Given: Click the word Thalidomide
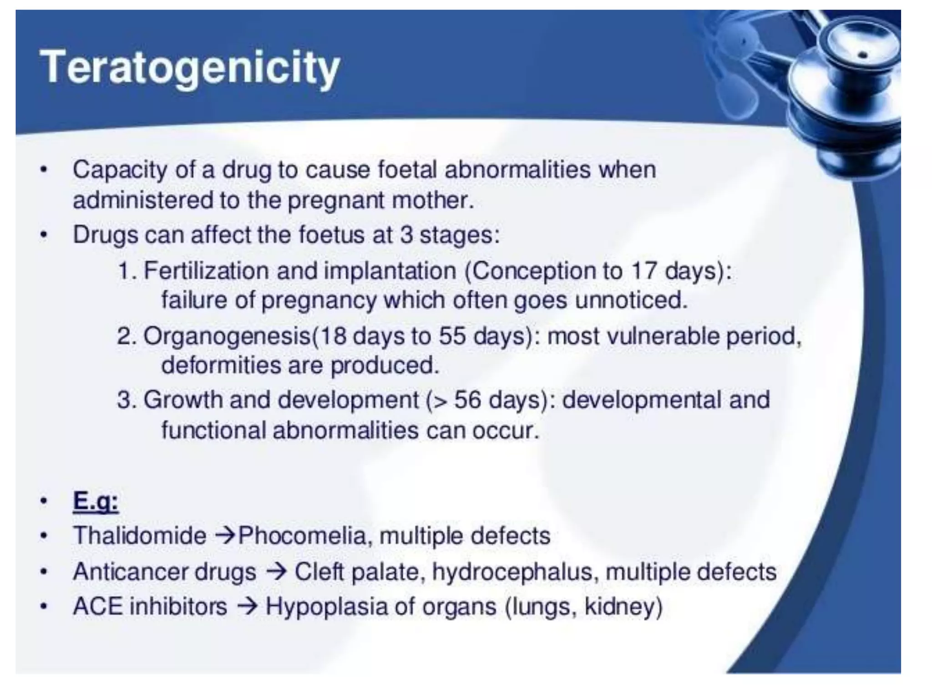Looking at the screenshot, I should [x=140, y=536].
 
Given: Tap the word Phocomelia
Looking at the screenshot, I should [x=302, y=536].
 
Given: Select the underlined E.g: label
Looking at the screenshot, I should [x=96, y=501].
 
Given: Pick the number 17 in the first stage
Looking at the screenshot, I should [x=644, y=271].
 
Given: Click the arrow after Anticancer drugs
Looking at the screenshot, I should [x=276, y=572].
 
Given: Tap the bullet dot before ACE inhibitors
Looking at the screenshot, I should [x=44, y=607].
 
